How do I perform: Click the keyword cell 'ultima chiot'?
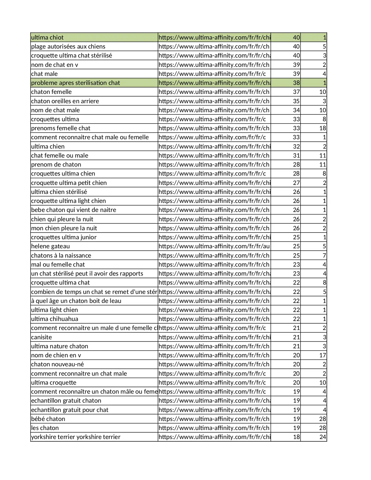click(47, 38)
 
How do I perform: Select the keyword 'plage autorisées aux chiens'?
click(68, 47)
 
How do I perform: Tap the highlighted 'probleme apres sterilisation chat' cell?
click(75, 83)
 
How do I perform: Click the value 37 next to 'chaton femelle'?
click(296, 92)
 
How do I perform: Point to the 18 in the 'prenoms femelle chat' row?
click(322, 128)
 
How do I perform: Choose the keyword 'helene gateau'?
click(50, 246)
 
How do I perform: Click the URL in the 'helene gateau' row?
click(214, 246)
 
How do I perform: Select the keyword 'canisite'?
click(42, 337)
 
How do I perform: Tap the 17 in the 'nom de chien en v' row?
click(322, 355)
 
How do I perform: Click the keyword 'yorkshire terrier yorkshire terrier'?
click(76, 437)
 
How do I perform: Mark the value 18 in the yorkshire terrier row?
click(296, 437)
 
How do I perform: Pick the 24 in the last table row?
click(322, 437)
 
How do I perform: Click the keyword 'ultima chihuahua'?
click(55, 319)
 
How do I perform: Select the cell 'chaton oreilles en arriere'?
click(65, 101)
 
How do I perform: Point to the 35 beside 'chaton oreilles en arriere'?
click(296, 101)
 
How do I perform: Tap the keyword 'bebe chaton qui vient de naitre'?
click(74, 210)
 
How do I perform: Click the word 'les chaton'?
click(45, 428)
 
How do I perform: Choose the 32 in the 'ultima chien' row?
click(296, 147)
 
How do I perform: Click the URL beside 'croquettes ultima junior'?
click(214, 237)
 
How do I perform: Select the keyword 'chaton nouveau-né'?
click(57, 364)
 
